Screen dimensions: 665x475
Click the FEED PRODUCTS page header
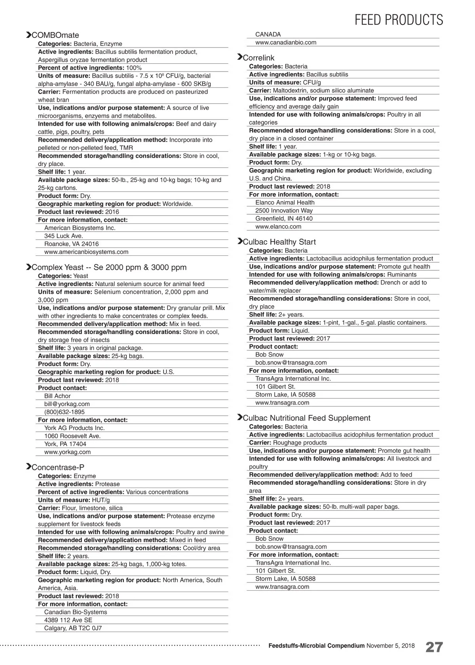399,20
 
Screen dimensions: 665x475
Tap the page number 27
434,647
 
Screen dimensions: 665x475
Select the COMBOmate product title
55,35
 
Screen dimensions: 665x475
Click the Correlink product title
258,58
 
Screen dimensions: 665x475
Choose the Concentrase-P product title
58,467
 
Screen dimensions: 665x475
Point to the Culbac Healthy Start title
279,242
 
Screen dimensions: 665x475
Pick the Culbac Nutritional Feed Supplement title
306,418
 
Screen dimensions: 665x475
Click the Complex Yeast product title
109,267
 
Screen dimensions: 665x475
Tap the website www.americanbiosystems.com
86,252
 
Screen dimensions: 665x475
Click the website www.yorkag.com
67,452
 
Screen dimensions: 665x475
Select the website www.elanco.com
278,227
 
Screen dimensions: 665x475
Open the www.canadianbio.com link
286,42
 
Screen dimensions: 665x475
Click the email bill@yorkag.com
67,404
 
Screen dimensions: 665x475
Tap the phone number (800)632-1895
65,412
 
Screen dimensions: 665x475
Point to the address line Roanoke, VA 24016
71,244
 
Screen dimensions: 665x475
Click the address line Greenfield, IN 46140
284,219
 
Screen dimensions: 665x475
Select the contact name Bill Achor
57,396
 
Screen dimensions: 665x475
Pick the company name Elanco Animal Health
285,202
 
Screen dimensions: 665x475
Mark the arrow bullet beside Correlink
239,57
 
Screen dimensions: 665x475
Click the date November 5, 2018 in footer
390,646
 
